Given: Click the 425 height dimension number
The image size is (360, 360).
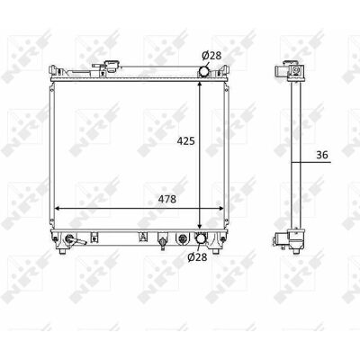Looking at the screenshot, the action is point(185,140).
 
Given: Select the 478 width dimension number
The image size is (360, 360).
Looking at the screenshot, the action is point(166,199).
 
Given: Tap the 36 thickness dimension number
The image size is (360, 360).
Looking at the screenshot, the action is point(322,155).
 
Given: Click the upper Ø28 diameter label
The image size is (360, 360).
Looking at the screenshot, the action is point(211,56).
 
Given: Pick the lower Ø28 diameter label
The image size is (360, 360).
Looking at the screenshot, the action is point(197,257).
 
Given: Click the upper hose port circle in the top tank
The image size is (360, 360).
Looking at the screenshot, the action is point(204,71).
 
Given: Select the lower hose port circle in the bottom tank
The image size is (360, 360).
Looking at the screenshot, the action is point(201,238).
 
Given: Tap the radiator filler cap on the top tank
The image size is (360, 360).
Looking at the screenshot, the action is point(112,66).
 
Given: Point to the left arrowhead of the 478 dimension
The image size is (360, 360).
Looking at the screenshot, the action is point(58,209).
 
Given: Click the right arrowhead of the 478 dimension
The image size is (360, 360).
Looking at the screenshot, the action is point(220,209).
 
